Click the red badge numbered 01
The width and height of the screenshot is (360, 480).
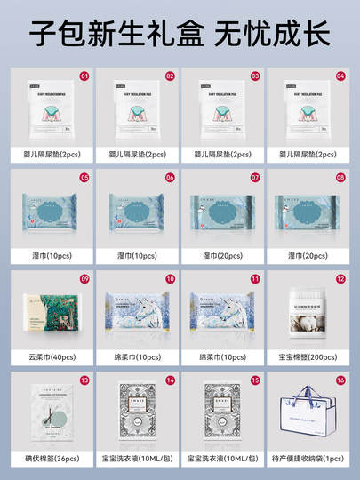(84, 76)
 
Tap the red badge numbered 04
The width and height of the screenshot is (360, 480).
(340, 76)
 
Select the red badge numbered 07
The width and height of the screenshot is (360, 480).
(254, 178)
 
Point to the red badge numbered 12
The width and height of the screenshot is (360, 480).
(340, 279)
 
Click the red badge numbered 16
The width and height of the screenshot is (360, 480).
(340, 380)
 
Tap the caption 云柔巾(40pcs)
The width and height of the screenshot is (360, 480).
(52, 357)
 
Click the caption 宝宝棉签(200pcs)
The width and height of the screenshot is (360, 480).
(308, 357)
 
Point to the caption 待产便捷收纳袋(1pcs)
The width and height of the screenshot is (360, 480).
(308, 460)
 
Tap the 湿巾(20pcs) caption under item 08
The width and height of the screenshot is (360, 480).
(308, 256)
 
